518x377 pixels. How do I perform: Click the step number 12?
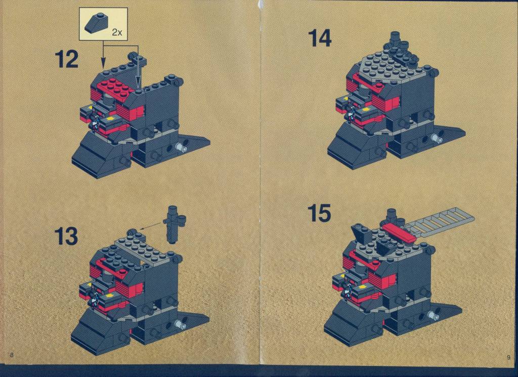tap(66, 59)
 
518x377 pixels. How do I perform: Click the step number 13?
tap(66, 236)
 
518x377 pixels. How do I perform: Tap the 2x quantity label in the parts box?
tap(117, 32)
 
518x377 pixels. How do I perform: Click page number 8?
tap(12, 355)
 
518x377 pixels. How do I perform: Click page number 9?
tap(508, 357)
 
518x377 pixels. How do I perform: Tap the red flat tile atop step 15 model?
tap(398, 232)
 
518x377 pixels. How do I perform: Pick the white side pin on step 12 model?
tap(181, 147)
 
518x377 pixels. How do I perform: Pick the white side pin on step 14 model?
tap(437, 138)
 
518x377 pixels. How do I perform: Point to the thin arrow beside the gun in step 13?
tap(151, 225)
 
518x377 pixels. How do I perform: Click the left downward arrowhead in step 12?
tap(103, 62)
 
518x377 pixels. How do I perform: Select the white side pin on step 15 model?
tap(434, 315)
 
